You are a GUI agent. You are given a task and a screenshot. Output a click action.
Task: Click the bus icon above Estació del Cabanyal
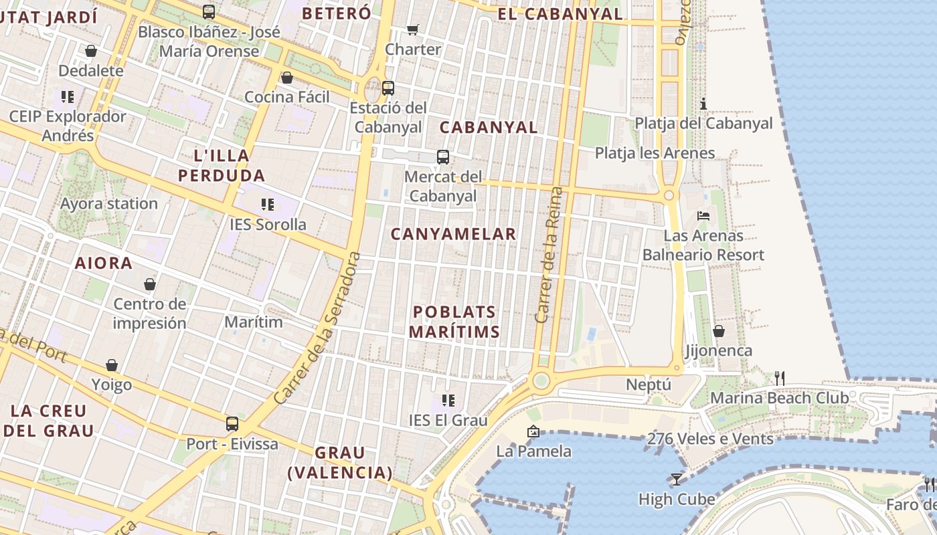tap(388, 88)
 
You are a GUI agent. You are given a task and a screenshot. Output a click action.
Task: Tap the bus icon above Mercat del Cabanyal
tap(442, 157)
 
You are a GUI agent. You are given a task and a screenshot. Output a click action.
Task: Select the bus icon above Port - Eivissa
tap(232, 423)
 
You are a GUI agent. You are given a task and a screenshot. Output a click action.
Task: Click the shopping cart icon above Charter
tap(412, 29)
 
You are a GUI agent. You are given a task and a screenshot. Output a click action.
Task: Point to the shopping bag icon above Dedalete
tap(90, 51)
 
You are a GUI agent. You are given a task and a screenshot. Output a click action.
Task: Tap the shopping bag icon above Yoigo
tap(111, 365)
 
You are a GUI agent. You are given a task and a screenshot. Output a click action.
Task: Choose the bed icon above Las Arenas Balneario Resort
tap(703, 215)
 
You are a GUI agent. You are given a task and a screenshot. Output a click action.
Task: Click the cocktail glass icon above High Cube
tap(676, 479)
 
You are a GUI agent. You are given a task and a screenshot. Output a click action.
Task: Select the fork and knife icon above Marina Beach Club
tap(779, 378)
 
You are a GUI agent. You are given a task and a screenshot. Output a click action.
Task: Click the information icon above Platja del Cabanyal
tap(703, 104)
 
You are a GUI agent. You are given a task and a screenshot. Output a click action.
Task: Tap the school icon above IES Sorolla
tap(267, 204)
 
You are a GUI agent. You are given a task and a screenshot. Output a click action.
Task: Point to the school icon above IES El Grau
tap(448, 401)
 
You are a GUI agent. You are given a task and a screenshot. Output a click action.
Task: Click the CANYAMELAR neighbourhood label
tap(453, 234)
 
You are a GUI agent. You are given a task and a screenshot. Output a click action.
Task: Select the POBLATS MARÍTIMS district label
tap(454, 322)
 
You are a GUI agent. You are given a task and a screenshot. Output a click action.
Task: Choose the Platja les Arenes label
tap(655, 153)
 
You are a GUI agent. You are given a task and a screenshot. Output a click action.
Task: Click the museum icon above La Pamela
tap(533, 431)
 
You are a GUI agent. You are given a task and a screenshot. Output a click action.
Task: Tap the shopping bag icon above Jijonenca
tap(718, 331)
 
